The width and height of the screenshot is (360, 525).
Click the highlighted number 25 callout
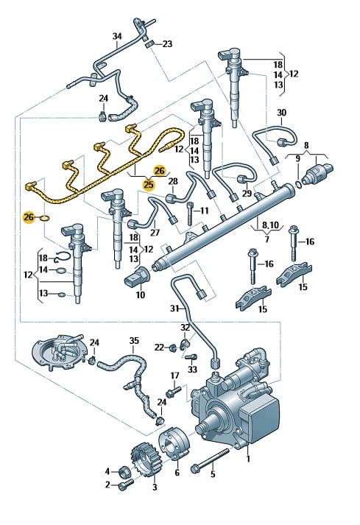coord(148,184)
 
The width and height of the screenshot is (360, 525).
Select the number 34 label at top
coord(117,36)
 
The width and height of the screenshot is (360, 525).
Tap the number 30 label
coord(282,113)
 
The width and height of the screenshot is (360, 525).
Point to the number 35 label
coord(134,341)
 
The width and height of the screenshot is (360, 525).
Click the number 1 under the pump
coord(248,459)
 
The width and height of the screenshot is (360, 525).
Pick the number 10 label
coord(141,295)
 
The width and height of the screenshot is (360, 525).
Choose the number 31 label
coord(174,308)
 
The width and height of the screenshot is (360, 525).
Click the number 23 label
coord(167,44)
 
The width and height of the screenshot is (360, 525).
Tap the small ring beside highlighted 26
coord(44,218)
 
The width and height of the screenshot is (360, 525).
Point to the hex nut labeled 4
coord(123,471)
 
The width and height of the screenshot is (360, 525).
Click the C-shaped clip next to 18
coord(62,256)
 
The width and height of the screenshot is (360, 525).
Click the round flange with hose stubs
coord(60,351)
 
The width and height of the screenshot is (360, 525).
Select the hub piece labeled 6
coord(174,444)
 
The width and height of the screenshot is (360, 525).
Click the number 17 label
coord(174,376)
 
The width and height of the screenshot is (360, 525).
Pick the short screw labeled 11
coord(190,214)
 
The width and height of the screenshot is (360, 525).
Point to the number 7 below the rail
coord(267,239)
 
